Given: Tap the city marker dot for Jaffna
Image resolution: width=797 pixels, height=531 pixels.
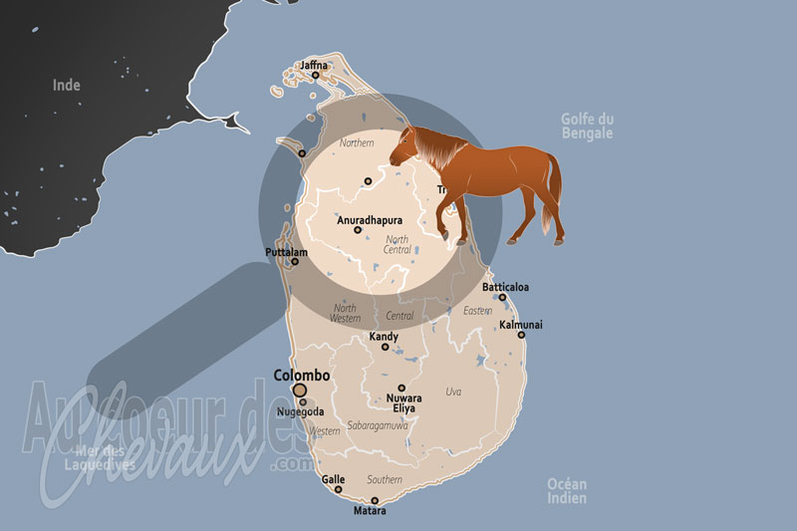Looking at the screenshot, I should coord(315,75).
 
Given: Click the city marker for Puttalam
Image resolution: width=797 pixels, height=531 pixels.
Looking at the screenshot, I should coord(294,262).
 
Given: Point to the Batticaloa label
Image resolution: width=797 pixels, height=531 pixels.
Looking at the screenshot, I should coord(505,287).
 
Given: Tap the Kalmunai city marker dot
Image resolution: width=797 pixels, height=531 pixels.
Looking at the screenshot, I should coord(521,335).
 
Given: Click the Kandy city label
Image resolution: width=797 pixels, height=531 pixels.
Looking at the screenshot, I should coord(385,337).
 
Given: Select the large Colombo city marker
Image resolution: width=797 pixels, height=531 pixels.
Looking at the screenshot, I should coord(299,390).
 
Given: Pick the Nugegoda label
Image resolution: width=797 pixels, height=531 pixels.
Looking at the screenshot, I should coord(300,412).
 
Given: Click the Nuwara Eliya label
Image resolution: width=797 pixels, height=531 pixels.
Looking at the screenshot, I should coord(402,403).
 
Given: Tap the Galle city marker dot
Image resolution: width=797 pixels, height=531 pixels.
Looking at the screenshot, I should coord(341,490).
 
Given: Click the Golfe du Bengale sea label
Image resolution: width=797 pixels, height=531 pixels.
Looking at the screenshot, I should coord(587,127).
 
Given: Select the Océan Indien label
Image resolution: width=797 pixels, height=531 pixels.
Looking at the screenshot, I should coord(567,490).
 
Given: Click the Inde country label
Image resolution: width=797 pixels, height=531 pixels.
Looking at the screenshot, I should coord(66,86).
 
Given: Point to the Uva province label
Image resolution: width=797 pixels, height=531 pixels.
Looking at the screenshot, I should coord(454,392).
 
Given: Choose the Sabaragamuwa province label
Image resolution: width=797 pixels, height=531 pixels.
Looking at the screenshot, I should coord(378,425).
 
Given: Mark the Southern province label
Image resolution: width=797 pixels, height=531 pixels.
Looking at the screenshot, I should coord(384,480).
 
